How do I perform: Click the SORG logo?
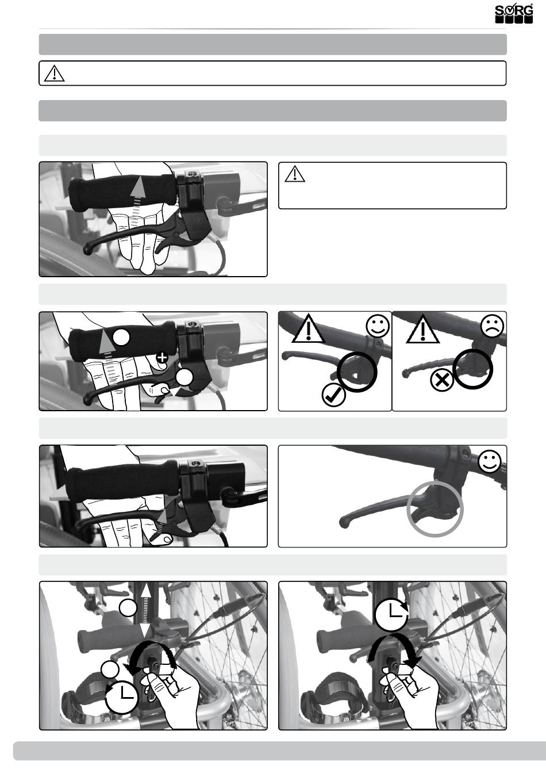514,14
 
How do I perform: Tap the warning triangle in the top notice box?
55,73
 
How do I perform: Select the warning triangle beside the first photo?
295,174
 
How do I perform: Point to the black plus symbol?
162,358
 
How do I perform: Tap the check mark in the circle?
333,395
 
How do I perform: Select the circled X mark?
442,381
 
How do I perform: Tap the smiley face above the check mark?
378,326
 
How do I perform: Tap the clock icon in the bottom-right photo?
391,613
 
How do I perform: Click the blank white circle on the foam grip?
121,337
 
